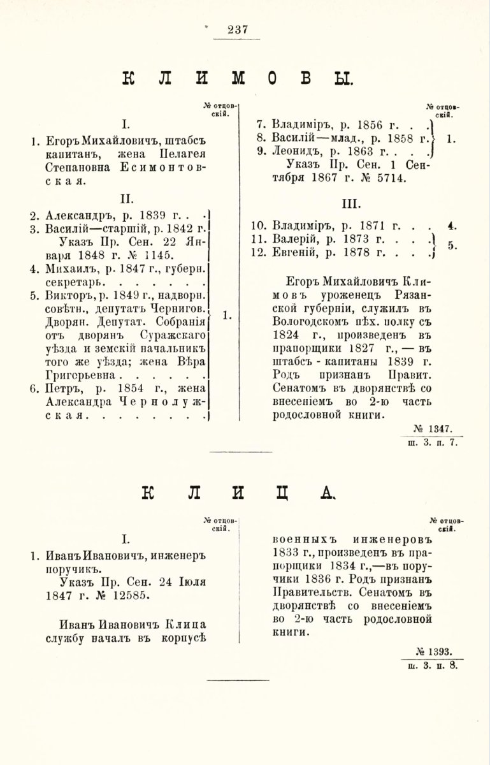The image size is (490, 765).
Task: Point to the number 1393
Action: tap(438, 651)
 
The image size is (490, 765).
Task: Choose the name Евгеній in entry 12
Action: tap(294, 252)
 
